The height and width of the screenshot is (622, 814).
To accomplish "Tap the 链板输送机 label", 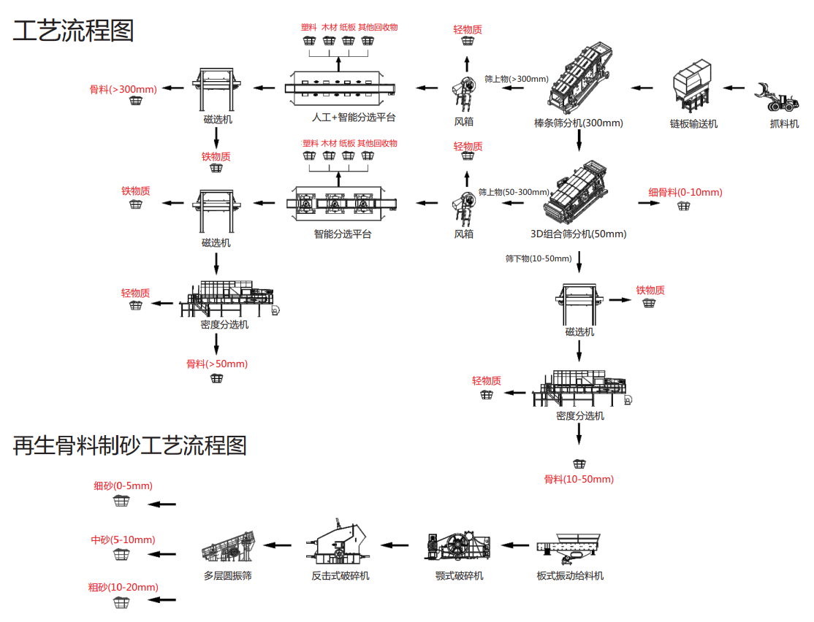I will pyautogui.click(x=693, y=123).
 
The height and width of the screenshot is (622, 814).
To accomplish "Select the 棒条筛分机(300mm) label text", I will pyautogui.click(x=579, y=123).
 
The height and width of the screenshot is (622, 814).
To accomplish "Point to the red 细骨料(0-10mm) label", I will pyautogui.click(x=685, y=192).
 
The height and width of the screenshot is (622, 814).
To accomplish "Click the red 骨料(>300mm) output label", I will pyautogui.click(x=123, y=89).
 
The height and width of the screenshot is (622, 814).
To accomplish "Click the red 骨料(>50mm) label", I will pyautogui.click(x=217, y=364).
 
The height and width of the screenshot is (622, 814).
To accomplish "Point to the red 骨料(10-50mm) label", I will pyautogui.click(x=579, y=479).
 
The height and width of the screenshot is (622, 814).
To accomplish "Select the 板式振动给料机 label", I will pyautogui.click(x=570, y=575).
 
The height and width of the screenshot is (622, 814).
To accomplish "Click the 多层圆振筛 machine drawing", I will pyautogui.click(x=228, y=547).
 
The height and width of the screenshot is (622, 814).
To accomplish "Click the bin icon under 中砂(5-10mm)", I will pyautogui.click(x=121, y=555).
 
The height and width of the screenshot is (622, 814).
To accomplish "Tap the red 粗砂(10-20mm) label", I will pyautogui.click(x=123, y=587).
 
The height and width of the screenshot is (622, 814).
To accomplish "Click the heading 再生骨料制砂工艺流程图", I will pyautogui.click(x=130, y=445).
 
